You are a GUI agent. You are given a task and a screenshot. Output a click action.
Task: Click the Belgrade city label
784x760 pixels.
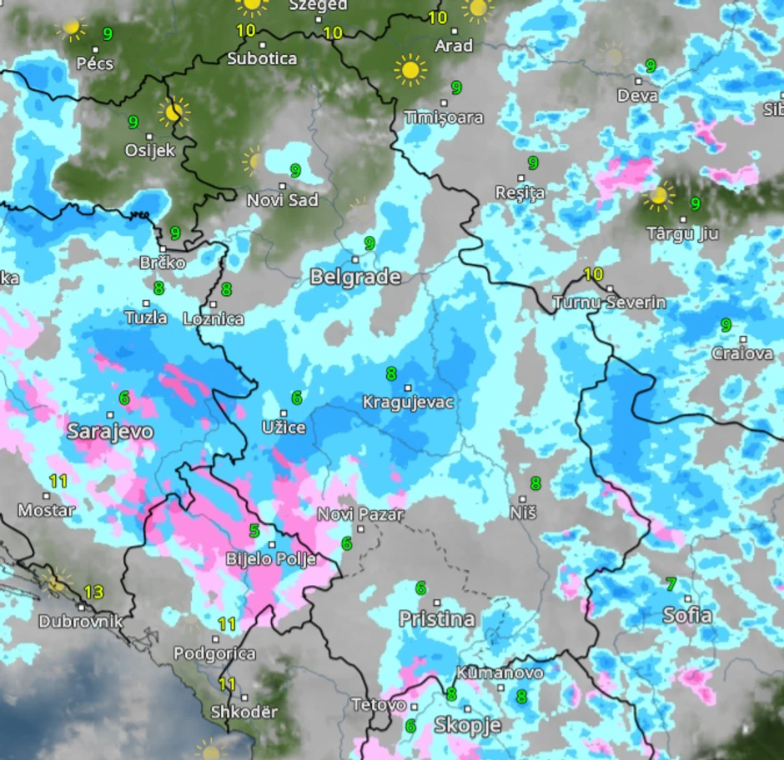(355, 277)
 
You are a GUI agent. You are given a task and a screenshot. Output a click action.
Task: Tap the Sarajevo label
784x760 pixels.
(110, 432)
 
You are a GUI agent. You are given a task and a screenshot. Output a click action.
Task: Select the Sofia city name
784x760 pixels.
(687, 616)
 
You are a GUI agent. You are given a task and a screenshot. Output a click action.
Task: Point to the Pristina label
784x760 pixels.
(436, 619)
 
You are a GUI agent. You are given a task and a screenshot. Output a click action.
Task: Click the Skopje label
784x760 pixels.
(468, 725)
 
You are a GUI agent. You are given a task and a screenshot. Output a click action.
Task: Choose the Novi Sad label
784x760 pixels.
(282, 200)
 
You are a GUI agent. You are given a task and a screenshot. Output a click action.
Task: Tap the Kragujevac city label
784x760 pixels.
(408, 402)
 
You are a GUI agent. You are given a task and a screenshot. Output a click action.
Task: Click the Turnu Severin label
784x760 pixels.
(610, 302)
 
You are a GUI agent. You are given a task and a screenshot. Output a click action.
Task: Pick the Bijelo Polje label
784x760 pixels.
(271, 559)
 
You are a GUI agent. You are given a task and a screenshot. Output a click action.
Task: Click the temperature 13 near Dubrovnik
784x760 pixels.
(93, 592)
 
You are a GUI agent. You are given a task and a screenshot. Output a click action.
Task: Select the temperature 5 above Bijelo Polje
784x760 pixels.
(254, 531)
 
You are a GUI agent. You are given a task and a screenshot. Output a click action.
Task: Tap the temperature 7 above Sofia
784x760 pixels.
(671, 584)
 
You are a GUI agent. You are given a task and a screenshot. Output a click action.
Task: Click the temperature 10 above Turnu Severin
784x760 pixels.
(593, 274)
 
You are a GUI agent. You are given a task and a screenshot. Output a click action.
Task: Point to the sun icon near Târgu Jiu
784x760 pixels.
(659, 197)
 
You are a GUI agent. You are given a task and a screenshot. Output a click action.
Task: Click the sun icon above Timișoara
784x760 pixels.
(410, 70)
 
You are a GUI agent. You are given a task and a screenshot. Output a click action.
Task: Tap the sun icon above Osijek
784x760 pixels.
(174, 111)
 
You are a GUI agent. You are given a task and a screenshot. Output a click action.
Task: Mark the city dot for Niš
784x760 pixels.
(523, 499)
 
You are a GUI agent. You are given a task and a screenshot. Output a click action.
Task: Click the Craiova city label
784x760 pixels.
(742, 353)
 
